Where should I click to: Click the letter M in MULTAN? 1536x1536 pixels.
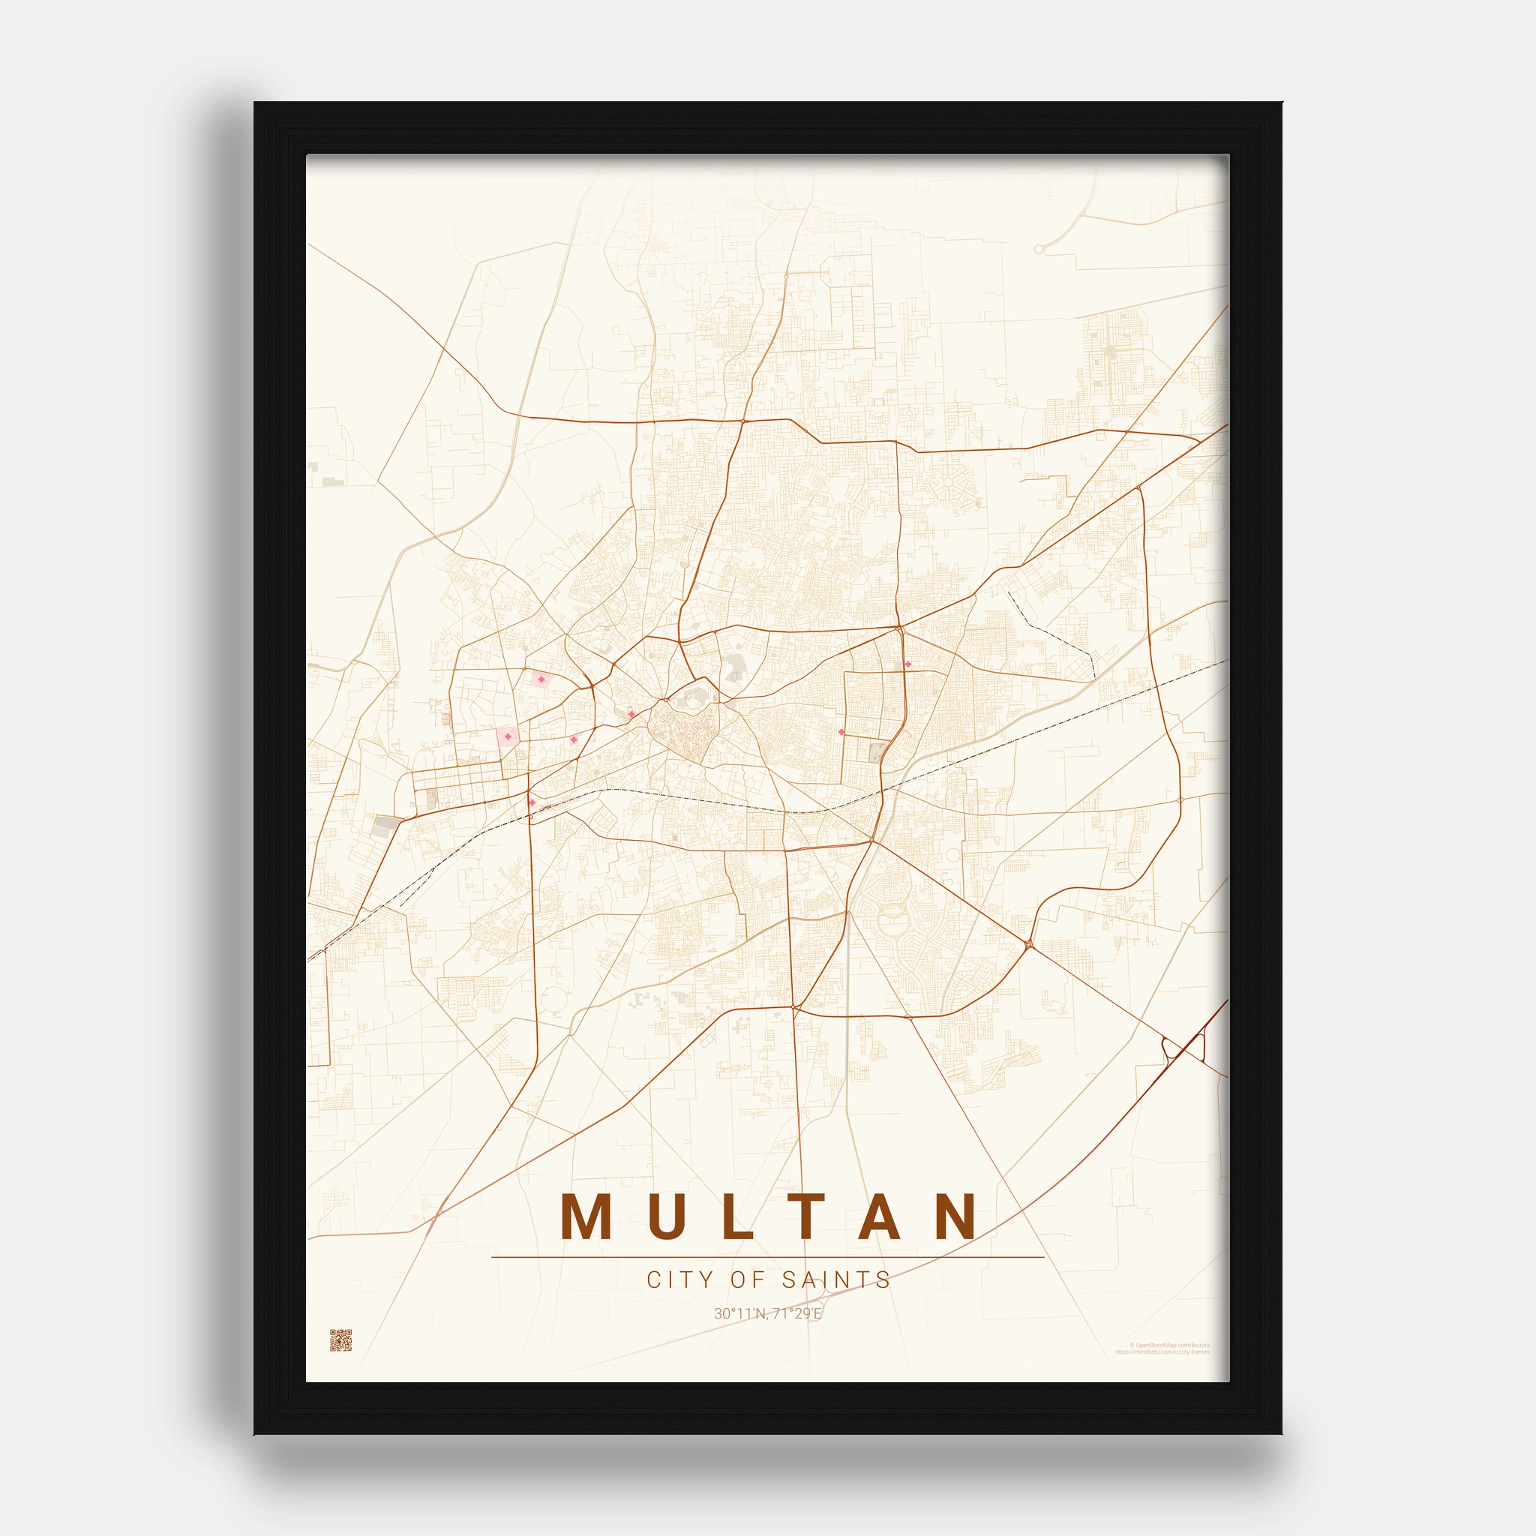click(x=586, y=1216)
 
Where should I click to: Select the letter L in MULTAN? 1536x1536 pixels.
click(x=739, y=1216)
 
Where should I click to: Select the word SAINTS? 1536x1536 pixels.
click(x=836, y=1280)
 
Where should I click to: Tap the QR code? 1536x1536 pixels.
click(x=340, y=1339)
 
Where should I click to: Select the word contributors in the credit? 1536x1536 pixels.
click(x=1193, y=1345)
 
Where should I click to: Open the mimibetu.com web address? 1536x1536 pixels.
click(x=1162, y=1351)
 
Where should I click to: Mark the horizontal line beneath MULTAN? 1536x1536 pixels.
click(x=767, y=1257)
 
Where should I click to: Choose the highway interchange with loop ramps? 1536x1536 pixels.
click(x=1182, y=1048)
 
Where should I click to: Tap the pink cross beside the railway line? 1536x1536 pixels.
click(x=532, y=802)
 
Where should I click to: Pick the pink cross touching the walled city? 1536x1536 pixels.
click(x=631, y=714)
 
